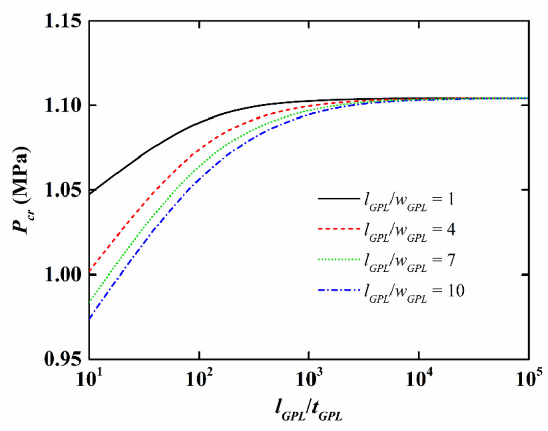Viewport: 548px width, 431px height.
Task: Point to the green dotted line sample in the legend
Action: point(336,260)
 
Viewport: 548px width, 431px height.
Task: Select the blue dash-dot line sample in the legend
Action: point(336,290)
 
